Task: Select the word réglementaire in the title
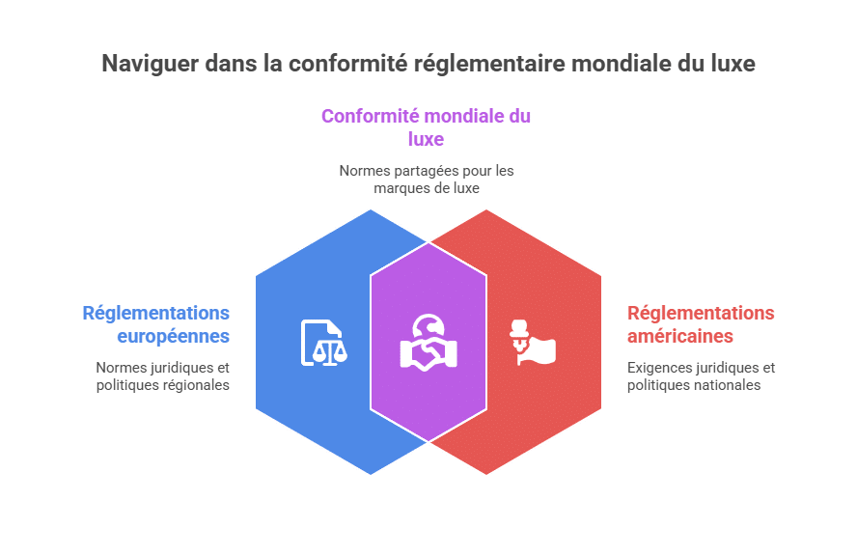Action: [489, 64]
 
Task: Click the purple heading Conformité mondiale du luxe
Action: [426, 127]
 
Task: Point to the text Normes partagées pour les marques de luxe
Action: [427, 180]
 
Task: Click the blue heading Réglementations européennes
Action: [155, 324]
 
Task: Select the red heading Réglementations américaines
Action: [701, 324]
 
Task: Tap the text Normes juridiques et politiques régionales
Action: [163, 376]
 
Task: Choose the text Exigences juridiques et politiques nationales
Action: [702, 376]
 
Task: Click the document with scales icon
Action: [323, 343]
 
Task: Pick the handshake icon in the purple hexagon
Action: [428, 343]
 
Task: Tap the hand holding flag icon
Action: [533, 343]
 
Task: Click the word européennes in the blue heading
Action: [174, 336]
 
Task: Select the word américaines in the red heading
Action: [680, 336]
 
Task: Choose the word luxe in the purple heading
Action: [426, 139]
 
